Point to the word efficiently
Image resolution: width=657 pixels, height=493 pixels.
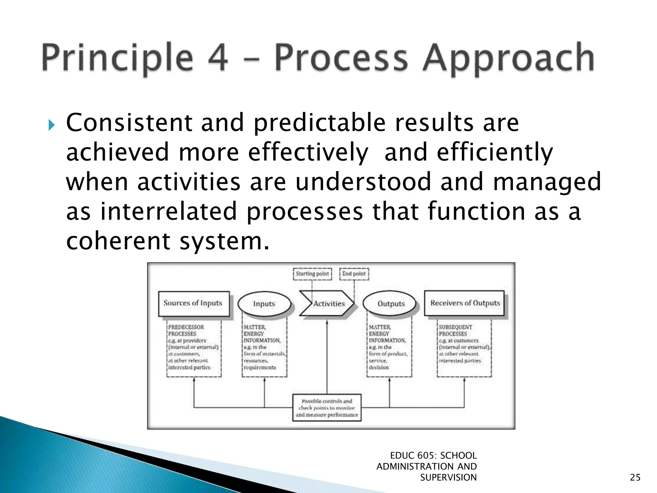click(x=495, y=152)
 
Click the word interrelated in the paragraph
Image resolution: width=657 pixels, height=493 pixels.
click(x=168, y=212)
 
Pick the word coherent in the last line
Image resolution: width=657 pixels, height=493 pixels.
click(x=117, y=241)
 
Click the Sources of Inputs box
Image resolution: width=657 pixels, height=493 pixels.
click(x=194, y=303)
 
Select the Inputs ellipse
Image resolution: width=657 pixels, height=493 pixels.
click(x=264, y=304)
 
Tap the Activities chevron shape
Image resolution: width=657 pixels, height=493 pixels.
click(x=327, y=304)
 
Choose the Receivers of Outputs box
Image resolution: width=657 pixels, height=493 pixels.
click(x=465, y=303)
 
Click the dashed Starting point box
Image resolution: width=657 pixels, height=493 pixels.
click(x=312, y=274)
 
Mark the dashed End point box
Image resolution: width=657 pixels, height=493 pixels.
click(x=354, y=274)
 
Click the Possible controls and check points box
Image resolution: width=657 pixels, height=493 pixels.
click(x=327, y=408)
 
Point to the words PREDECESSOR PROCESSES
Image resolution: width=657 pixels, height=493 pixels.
click(x=186, y=330)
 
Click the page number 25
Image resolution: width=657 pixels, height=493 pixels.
click(x=635, y=478)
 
